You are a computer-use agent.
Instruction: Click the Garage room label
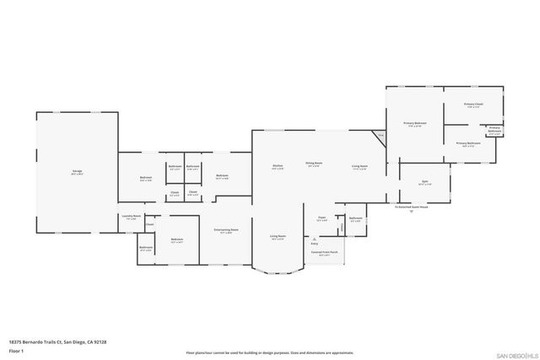click(77, 173)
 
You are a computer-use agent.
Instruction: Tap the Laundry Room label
click(131, 216)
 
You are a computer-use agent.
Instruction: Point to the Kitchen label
click(278, 165)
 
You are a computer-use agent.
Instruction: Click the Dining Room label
click(314, 164)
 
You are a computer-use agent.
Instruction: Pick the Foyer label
click(322, 218)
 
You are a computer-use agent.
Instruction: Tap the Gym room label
click(425, 182)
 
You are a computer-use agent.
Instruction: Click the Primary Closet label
click(472, 105)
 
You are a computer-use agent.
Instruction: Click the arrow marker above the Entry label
click(314, 238)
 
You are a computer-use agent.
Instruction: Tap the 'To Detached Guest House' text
click(412, 206)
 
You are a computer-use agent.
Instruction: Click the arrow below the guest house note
click(412, 212)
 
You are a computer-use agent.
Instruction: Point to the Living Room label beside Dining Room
click(359, 165)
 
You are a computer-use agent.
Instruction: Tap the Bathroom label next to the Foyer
click(355, 218)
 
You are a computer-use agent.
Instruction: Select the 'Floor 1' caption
click(16, 350)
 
